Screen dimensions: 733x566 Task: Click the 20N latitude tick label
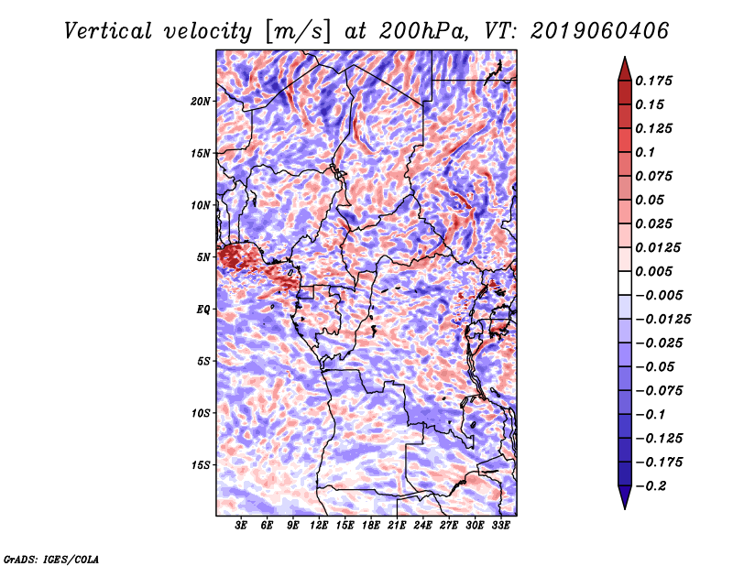click(200, 102)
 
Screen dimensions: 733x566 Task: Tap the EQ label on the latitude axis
click(203, 310)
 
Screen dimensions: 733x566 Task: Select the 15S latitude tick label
click(201, 465)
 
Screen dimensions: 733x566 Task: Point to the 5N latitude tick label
click(203, 257)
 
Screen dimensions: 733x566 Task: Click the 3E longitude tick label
click(241, 526)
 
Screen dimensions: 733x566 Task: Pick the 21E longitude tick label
click(397, 526)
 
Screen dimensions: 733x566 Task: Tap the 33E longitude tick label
click(500, 526)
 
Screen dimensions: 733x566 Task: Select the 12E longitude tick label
click(319, 526)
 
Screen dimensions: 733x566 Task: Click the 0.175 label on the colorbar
click(653, 81)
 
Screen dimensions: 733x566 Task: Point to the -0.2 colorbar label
click(651, 486)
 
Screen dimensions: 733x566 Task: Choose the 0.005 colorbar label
click(653, 271)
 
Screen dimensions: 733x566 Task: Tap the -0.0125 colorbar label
click(662, 320)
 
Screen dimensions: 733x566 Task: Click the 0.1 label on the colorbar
click(645, 152)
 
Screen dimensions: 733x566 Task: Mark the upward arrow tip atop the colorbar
click(625, 58)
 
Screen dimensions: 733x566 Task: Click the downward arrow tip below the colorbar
click(625, 508)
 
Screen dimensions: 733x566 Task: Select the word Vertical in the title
click(108, 31)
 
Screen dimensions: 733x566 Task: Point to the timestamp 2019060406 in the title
click(600, 31)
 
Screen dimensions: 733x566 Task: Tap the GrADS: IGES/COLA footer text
click(51, 560)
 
